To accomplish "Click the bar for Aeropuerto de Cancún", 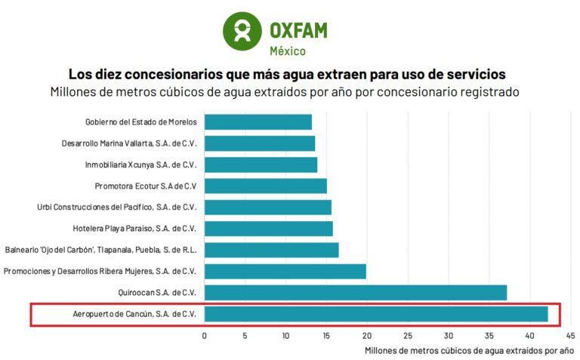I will pos(375,314).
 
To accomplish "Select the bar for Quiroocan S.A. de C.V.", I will pos(355,293).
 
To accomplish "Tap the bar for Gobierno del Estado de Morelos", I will pos(258,122).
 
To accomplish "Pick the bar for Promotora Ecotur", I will pos(265,186).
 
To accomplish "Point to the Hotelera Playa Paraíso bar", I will pos(268,229).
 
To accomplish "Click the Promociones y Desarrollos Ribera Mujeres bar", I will pos(285,272).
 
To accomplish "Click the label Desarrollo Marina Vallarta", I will pos(129,143).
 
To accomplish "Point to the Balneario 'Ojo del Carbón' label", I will pos(100,250).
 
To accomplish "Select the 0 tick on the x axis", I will pos(204,335).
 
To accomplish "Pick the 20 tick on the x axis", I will pos(366,335).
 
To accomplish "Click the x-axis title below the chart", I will pos(469,351).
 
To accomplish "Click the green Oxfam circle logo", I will pos(242,30).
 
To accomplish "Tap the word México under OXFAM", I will pos(288,51).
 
